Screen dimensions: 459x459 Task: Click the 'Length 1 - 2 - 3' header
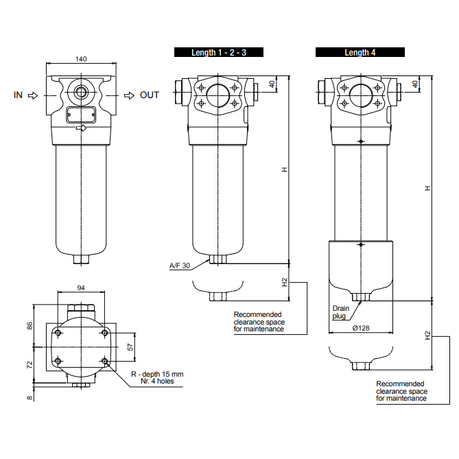coord(218,52)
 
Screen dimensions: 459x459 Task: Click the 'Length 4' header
coord(360,52)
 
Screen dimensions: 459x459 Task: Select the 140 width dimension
coord(81,59)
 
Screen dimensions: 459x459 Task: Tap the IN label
coord(18,95)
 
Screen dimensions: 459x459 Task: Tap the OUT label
coord(150,95)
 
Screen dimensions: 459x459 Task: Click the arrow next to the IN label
coord(32,95)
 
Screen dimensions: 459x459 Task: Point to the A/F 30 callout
coord(180,265)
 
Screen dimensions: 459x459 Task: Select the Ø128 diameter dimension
coord(360,328)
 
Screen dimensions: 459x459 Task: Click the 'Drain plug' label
coord(341,312)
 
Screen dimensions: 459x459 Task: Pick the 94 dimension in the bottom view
coord(81,288)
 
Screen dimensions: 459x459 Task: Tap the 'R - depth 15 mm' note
coord(157,374)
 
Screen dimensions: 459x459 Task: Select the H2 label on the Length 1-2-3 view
coord(282,283)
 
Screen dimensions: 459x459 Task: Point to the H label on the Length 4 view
coord(427,188)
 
